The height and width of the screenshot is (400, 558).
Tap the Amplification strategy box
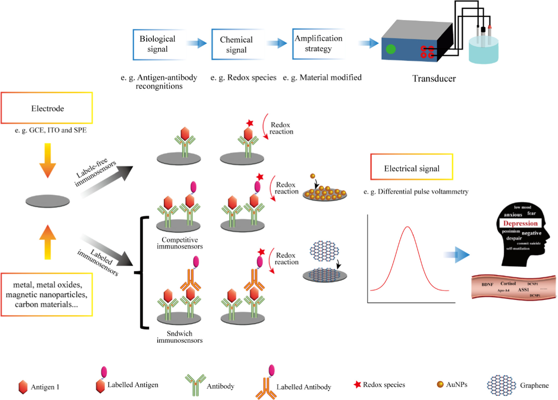[318, 44]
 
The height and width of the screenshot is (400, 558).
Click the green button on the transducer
[391, 49]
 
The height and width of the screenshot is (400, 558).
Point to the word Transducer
[434, 79]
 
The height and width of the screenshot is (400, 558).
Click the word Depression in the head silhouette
[520, 223]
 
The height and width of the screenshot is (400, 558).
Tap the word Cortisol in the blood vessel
[508, 283]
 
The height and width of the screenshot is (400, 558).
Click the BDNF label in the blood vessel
[487, 284]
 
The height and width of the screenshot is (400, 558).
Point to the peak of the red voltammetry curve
[407, 227]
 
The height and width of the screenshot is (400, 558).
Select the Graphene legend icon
[501, 385]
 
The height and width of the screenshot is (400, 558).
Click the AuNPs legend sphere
[440, 384]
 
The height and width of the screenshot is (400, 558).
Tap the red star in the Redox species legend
[357, 384]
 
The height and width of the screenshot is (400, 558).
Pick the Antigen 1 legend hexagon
[23, 387]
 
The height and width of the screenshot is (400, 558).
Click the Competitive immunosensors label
[180, 243]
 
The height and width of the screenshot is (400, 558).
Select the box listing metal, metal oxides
[47, 295]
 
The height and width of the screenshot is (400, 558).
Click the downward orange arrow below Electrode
[48, 160]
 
